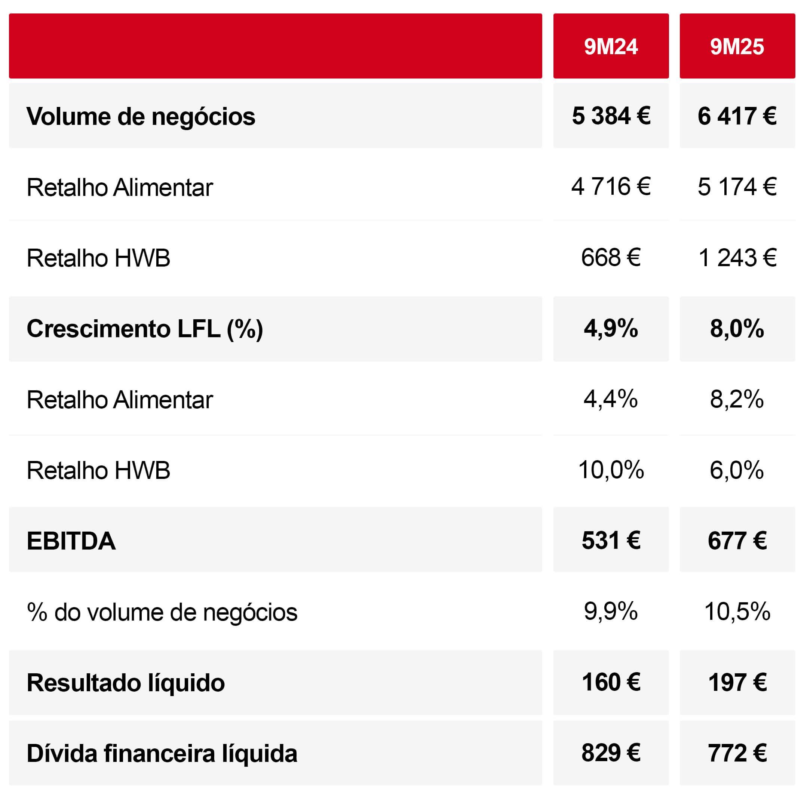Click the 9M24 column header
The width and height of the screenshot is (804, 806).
(610, 46)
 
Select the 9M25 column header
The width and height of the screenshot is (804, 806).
(737, 46)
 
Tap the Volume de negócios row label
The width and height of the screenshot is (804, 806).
(141, 116)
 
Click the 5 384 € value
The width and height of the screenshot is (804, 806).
(610, 116)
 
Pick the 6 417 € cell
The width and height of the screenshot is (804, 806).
(737, 116)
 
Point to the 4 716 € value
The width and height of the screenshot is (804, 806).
(610, 187)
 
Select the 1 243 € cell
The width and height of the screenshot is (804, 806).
(737, 258)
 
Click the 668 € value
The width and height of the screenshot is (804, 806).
(610, 258)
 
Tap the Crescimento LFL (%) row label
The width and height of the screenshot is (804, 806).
(144, 329)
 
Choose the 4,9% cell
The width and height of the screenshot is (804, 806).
(610, 328)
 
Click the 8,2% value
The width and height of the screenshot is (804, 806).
(737, 399)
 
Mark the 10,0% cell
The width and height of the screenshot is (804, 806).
(610, 470)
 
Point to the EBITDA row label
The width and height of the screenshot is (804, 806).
(71, 541)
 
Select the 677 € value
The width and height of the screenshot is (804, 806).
(737, 541)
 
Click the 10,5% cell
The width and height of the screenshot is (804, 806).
(737, 612)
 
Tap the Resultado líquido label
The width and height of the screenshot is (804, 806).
(126, 683)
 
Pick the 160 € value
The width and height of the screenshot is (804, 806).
(610, 683)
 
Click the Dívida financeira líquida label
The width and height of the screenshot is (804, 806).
(162, 753)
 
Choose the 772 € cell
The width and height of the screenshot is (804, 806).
(737, 753)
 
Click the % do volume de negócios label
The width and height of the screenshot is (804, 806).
(162, 612)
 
